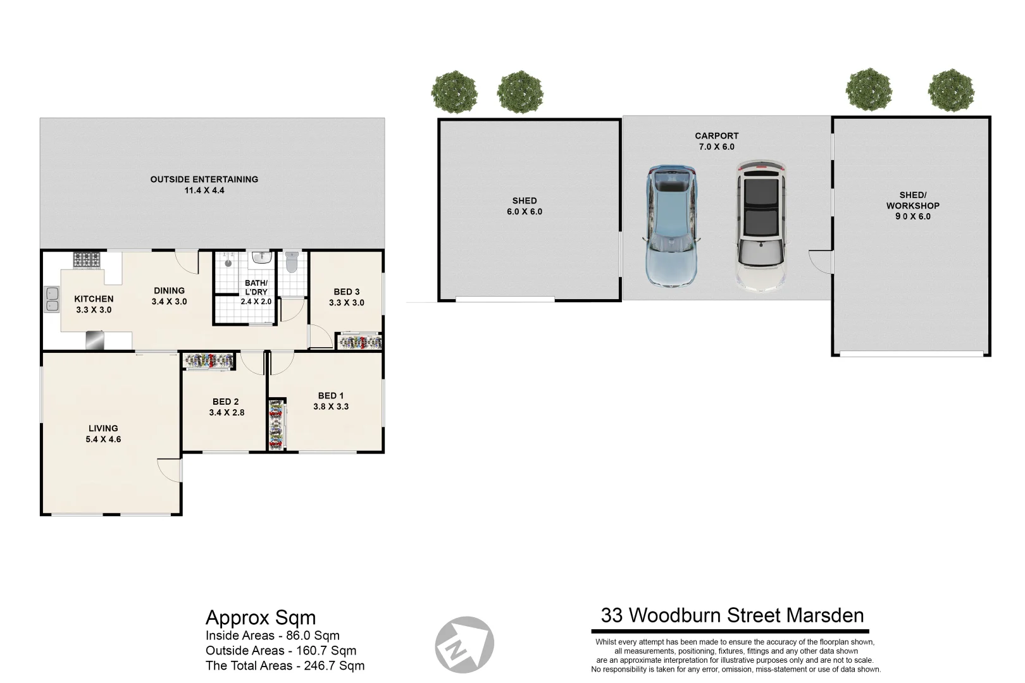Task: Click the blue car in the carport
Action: coord(671,226)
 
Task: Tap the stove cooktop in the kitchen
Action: coord(87,259)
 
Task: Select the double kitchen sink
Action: coord(51,300)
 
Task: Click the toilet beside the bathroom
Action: coord(292,262)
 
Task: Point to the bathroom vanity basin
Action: coord(261,257)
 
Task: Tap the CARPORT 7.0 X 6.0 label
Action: coord(716,141)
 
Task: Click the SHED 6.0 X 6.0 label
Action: coord(524,206)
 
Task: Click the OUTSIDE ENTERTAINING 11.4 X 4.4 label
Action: coord(204,185)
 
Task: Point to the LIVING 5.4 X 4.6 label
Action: coord(103,434)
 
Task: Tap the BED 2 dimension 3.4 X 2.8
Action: coord(227,412)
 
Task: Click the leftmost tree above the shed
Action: coord(454,92)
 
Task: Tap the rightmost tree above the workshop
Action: coord(951,90)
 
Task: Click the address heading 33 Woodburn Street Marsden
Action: coord(732,615)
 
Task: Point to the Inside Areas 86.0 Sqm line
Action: coord(272,636)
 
